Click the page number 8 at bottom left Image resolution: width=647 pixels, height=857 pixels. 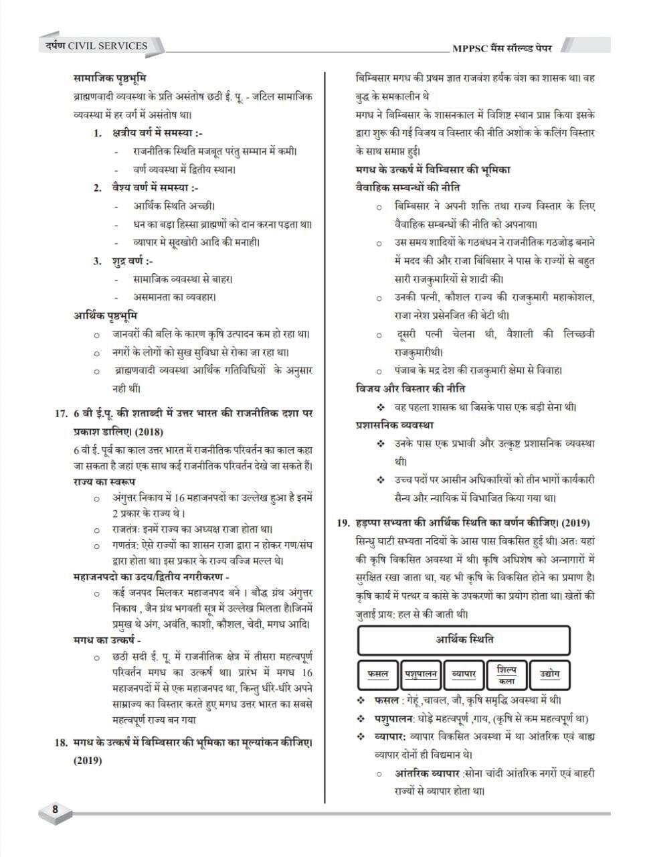55,809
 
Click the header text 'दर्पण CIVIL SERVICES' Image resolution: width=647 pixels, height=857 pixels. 92,46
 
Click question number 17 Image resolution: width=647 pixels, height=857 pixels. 62,414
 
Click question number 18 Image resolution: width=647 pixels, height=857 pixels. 61,742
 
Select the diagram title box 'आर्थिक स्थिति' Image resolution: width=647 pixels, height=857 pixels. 464,639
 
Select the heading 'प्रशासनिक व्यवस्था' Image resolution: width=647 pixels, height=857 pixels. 394,424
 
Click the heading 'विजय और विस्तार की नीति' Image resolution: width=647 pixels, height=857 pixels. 411,388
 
